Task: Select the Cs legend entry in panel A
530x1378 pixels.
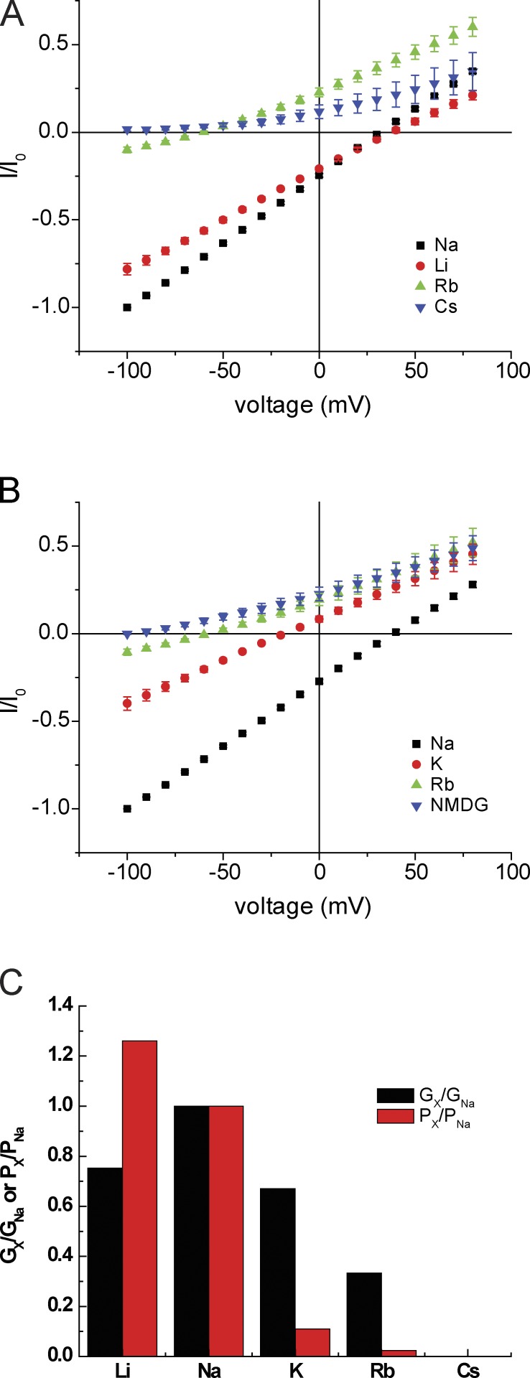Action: point(434,306)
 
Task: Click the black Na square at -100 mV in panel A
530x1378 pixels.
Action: point(127,307)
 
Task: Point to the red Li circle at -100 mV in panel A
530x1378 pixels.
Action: point(127,269)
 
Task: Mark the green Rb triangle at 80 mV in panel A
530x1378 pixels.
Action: point(473,27)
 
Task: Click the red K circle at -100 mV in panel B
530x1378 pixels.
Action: point(127,703)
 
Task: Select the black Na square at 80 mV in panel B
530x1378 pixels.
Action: point(473,584)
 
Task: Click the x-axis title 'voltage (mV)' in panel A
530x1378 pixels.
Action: point(302,406)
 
